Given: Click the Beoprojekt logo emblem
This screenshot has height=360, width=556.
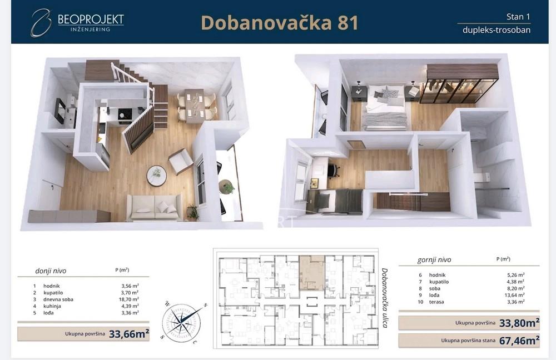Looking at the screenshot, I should [x=41, y=23].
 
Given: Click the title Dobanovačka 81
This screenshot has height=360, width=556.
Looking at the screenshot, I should [x=279, y=23].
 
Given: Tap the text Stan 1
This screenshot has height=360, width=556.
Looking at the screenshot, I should [x=519, y=17].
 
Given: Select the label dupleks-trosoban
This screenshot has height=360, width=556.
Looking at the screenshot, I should [x=496, y=30].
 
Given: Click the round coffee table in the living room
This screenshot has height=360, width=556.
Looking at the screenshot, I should [x=156, y=176].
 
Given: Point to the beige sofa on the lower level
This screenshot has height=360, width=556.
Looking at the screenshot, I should [x=153, y=207].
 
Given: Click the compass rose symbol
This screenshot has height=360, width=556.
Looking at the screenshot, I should [x=181, y=322].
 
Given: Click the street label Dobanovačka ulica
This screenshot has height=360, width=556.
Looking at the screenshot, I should [x=384, y=297].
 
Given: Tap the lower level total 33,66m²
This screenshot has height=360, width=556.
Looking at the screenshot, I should [x=128, y=334].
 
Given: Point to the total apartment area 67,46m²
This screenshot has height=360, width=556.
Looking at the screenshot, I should [x=518, y=340].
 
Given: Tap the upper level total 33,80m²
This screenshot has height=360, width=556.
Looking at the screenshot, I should [x=518, y=323].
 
